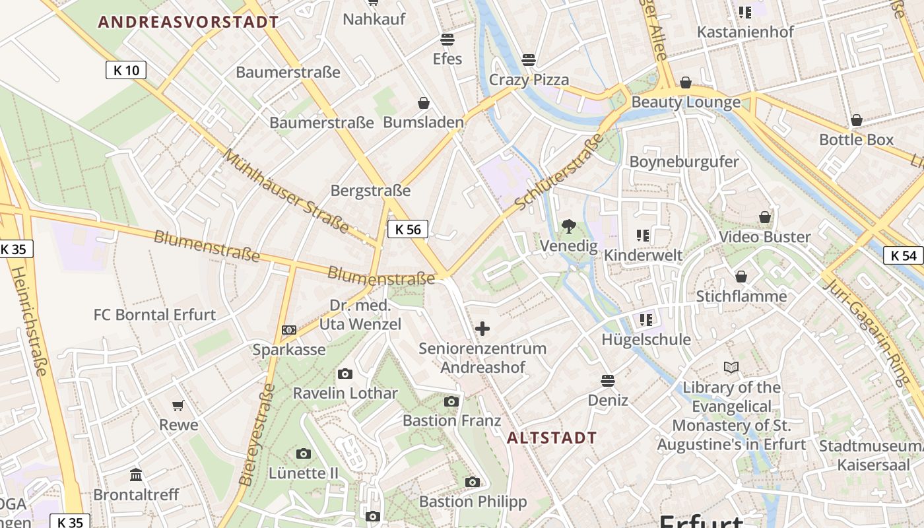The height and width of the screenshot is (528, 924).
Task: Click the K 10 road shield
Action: (x=125, y=70)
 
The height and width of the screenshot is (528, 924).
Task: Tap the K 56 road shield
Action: (x=407, y=229)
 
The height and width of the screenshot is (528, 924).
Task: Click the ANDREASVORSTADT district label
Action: (x=189, y=22)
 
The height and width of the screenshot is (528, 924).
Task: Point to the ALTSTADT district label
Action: (x=552, y=438)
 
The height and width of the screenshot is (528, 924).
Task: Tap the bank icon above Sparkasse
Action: (x=288, y=329)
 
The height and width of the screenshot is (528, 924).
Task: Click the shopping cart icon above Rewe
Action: (x=178, y=405)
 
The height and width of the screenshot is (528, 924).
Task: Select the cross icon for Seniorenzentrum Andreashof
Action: (x=482, y=328)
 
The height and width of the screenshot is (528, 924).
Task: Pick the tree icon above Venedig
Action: (x=568, y=226)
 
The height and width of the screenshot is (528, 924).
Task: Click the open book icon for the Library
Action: (x=731, y=368)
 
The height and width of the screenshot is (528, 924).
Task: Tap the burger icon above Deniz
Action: (x=607, y=381)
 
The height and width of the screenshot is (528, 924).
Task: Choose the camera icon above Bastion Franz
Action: (x=451, y=401)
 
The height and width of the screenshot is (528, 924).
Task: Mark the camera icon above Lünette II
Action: (x=303, y=453)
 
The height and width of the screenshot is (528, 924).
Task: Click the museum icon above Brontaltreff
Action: (x=136, y=475)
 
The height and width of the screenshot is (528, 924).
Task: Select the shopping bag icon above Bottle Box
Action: (x=856, y=120)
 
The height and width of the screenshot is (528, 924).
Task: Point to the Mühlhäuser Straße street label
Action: (x=286, y=191)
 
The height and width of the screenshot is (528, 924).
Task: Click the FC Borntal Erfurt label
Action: (x=154, y=315)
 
